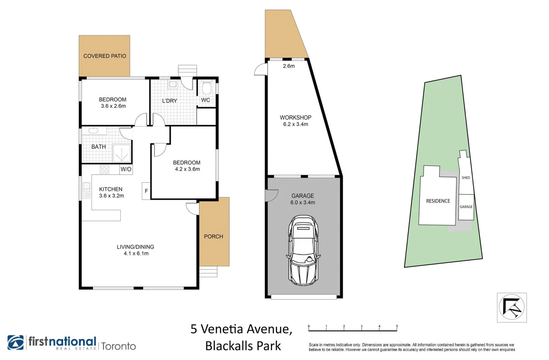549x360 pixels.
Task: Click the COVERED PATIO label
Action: (104, 56)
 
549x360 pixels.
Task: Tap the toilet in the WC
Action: (206, 88)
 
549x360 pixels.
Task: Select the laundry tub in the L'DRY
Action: (172, 84)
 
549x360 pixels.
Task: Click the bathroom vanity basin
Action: (93, 131)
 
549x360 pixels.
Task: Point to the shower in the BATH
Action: (121, 153)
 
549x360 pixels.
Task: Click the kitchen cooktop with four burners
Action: (104, 169)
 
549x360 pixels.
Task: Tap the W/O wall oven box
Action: (126, 169)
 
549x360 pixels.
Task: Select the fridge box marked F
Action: (146, 191)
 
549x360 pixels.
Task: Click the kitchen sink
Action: (86, 190)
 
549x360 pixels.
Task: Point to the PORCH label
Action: (213, 236)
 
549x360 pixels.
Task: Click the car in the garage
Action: (303, 250)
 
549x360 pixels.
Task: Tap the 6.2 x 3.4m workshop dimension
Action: (296, 124)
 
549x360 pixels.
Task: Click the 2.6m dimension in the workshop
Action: (289, 66)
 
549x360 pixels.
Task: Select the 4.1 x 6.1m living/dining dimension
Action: (136, 253)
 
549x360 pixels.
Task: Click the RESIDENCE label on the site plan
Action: (438, 201)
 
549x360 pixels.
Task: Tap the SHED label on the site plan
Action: (466, 178)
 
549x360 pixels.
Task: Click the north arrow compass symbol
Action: (512, 307)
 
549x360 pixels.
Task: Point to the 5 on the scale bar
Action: (397, 326)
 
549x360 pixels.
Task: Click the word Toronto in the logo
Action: (119, 346)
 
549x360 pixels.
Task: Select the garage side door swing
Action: (271, 195)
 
